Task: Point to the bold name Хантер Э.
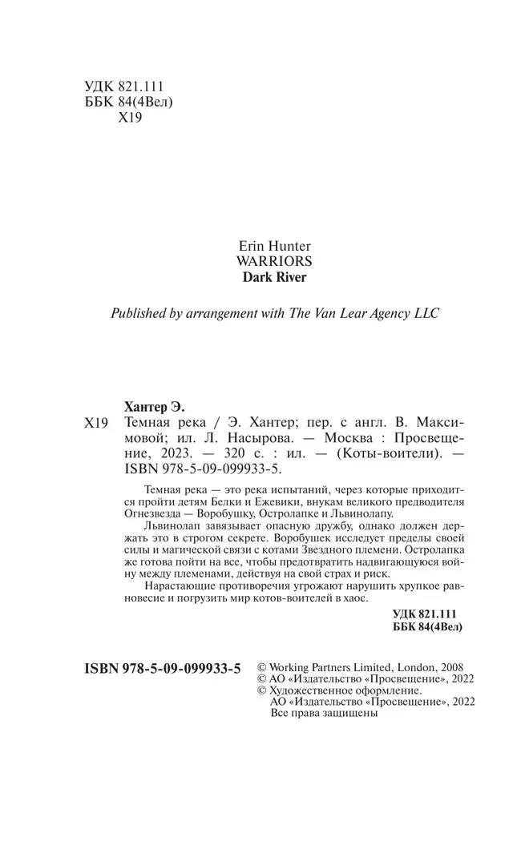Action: click(151, 406)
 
